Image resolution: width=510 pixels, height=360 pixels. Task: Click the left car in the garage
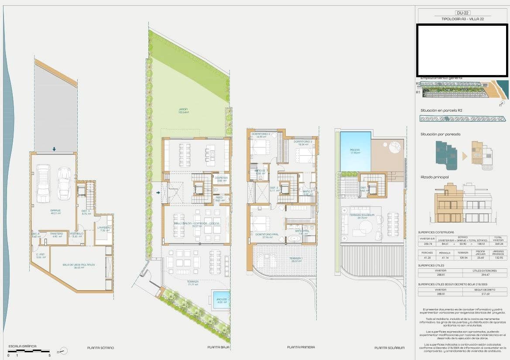[x=43, y=183]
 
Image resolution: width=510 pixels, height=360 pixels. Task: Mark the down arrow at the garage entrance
[x=54, y=149]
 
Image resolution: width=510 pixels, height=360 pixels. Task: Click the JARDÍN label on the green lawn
[x=183, y=110]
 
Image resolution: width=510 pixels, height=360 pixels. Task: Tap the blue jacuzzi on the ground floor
[x=221, y=300]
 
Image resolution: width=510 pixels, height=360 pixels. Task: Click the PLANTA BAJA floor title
[x=219, y=348]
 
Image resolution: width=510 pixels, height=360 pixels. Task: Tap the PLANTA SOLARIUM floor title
[x=389, y=348]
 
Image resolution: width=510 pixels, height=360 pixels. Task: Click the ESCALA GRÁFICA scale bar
[x=29, y=350]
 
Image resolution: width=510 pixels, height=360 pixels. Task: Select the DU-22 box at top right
[x=462, y=13]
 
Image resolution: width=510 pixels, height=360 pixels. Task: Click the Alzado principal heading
[x=435, y=177]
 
